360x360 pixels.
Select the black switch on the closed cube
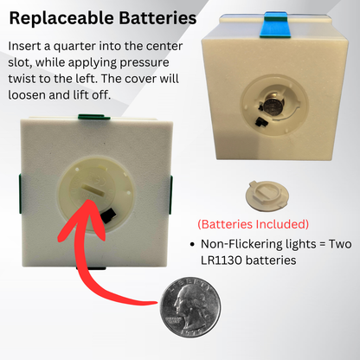[108, 214]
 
